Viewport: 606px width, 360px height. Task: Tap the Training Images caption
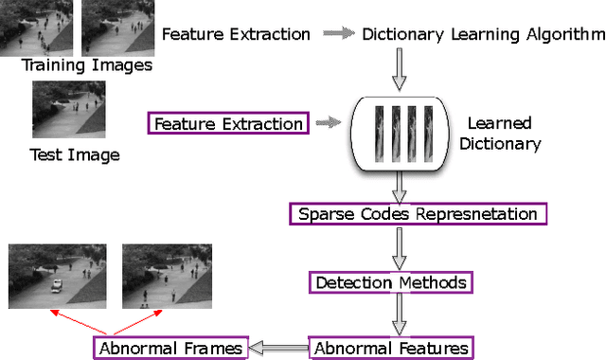[86, 65]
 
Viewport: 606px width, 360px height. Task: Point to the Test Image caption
[75, 154]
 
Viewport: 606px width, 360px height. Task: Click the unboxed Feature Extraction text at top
[236, 34]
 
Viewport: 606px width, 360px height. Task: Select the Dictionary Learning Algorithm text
[480, 34]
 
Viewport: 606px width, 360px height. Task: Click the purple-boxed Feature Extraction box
[228, 123]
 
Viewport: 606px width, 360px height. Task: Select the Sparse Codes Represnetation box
[418, 214]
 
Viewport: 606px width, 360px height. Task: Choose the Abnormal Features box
[391, 348]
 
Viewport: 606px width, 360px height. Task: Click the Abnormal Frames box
[170, 348]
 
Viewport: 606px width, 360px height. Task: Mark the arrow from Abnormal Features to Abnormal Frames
[280, 348]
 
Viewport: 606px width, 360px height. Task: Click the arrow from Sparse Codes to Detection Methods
[398, 247]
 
